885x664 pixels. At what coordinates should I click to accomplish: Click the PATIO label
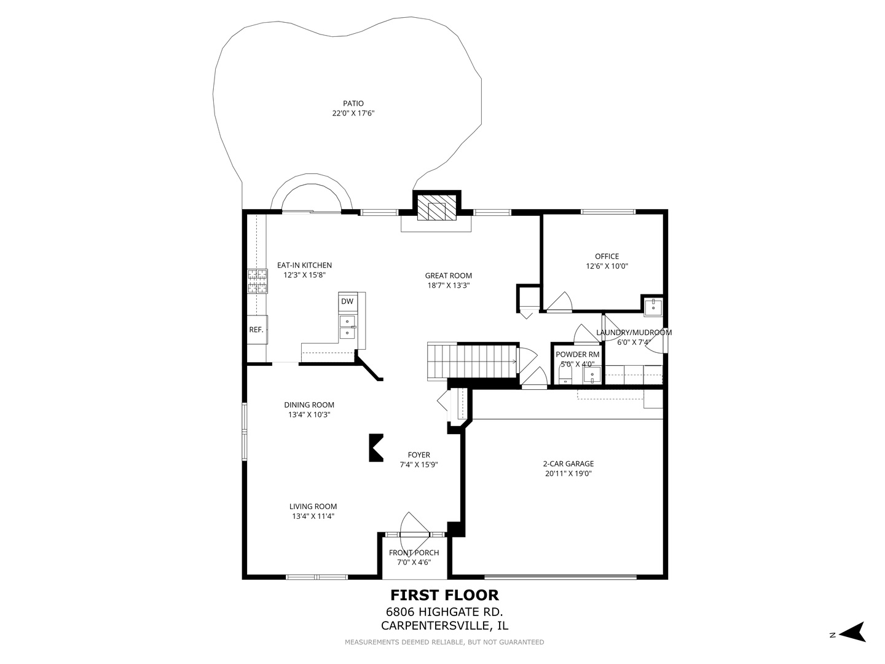point(353,104)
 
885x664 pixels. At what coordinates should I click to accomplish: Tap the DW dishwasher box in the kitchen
point(347,301)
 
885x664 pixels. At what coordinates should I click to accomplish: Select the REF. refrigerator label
point(256,330)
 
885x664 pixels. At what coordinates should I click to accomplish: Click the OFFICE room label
point(607,256)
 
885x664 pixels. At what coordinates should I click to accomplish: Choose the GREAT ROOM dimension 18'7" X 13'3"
point(449,285)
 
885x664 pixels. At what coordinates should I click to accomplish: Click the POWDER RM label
point(577,354)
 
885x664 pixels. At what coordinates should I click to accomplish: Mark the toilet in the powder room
point(565,376)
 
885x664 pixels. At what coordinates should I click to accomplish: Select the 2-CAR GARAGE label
point(568,464)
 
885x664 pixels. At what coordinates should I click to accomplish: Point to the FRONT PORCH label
point(414,553)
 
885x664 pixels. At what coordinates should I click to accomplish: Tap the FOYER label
point(419,455)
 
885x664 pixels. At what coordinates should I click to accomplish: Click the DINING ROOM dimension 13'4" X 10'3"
point(309,414)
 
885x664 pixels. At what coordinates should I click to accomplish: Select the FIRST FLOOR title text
point(444,595)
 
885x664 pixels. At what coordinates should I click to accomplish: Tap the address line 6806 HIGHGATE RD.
point(444,612)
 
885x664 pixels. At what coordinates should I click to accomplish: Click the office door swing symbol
point(559,302)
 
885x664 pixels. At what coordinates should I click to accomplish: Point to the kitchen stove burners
point(258,281)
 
